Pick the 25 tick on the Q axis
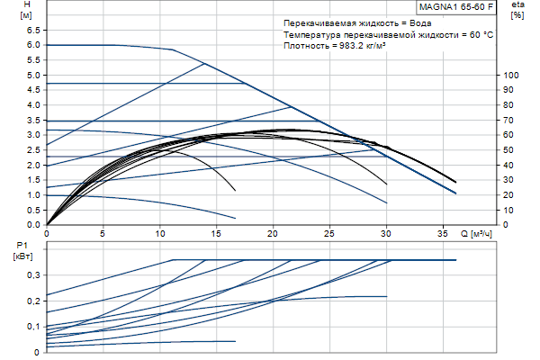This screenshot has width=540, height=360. click(x=329, y=232)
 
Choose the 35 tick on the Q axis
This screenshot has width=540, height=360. click(x=443, y=232)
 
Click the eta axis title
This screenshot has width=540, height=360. click(x=517, y=5)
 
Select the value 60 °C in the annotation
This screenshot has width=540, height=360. click(x=476, y=33)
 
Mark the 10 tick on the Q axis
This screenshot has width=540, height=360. click(x=160, y=232)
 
